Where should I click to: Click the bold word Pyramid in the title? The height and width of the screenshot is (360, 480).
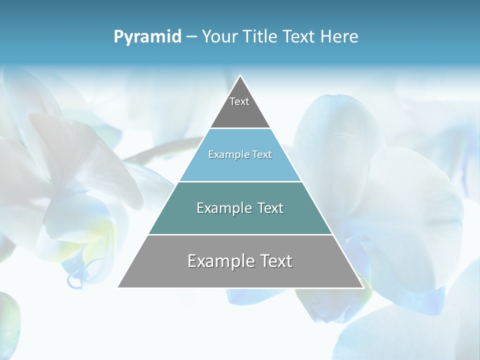pyautogui.click(x=147, y=37)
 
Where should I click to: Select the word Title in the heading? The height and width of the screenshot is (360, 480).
pyautogui.click(x=259, y=36)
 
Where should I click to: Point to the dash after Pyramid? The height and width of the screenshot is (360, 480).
pyautogui.click(x=191, y=37)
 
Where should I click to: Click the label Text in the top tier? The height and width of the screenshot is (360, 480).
pyautogui.click(x=239, y=101)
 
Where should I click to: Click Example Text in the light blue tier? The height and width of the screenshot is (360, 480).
pyautogui.click(x=240, y=154)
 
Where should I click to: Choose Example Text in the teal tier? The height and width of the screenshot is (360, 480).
pyautogui.click(x=240, y=208)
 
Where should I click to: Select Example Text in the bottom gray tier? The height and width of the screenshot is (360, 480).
pyautogui.click(x=240, y=261)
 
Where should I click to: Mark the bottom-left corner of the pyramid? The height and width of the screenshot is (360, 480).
pyautogui.click(x=118, y=287)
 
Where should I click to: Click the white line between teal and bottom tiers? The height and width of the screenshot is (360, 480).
pyautogui.click(x=240, y=234)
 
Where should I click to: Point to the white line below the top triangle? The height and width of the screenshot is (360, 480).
pyautogui.click(x=240, y=128)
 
